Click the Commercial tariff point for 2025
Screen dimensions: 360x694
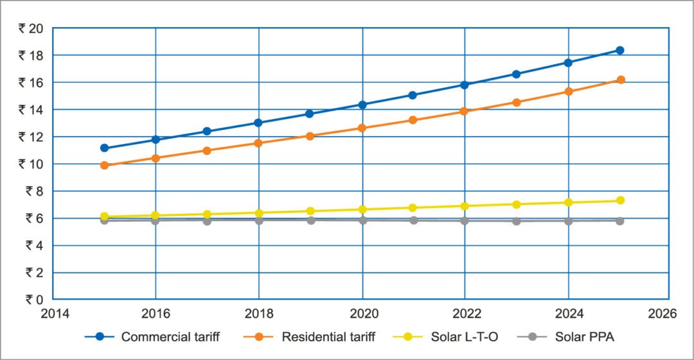click(620, 50)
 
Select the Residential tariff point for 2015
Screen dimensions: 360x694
click(104, 165)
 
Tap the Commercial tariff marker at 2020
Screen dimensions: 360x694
click(362, 105)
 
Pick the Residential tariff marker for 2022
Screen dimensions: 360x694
click(465, 111)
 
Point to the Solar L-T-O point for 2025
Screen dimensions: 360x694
click(620, 201)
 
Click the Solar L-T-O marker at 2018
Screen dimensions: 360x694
click(258, 213)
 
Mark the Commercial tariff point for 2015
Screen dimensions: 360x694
click(104, 148)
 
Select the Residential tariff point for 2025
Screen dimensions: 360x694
click(620, 80)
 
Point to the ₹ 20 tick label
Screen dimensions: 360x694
click(30, 28)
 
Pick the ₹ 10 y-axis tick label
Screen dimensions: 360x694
click(30, 164)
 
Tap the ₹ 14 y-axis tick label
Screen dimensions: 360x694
click(30, 109)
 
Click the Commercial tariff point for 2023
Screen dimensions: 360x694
click(517, 74)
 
